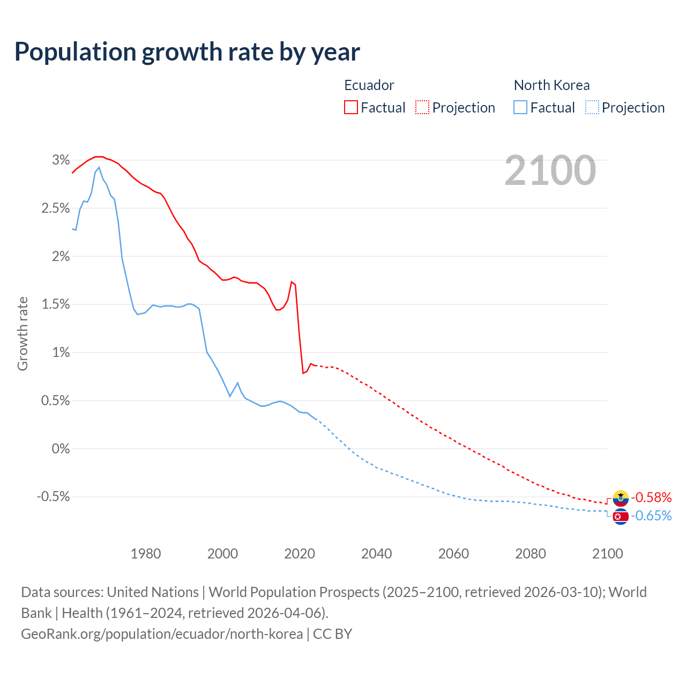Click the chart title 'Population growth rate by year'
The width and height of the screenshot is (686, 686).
187,52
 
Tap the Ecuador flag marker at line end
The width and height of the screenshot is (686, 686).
621,498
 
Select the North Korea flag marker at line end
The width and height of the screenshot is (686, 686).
621,517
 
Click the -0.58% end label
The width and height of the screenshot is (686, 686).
651,497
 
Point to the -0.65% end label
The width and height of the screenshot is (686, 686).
651,516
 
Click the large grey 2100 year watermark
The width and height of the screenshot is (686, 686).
550,170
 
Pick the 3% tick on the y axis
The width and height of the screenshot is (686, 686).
61,160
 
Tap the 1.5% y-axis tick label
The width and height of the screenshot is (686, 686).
56,304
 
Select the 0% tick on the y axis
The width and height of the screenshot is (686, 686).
61,449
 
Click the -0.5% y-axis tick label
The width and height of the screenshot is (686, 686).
54,497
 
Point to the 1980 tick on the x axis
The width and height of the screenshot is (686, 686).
146,554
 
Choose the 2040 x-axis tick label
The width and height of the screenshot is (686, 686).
377,554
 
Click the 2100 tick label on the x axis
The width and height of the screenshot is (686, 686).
607,554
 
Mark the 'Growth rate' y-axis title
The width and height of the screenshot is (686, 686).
23,333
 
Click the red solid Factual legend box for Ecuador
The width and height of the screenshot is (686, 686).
351,108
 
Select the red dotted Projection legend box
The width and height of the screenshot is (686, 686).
422,108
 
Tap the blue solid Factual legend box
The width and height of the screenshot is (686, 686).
520,108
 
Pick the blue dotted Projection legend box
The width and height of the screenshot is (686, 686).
592,108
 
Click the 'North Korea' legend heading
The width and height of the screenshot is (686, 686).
551,85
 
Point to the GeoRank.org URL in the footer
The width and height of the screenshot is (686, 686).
162,634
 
